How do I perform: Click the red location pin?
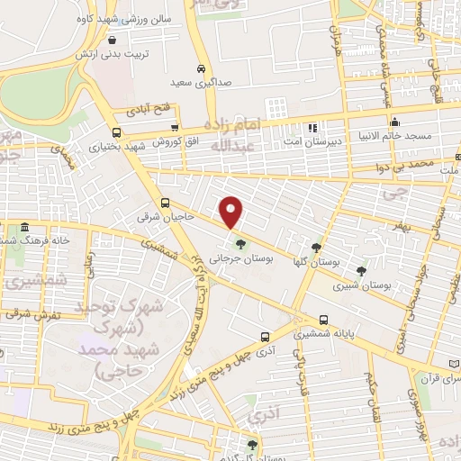(232, 212)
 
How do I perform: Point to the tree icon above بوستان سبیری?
(361, 269)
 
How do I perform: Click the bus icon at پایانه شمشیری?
(324, 319)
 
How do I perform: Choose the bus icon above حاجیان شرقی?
(165, 203)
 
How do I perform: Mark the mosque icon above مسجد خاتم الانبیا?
(393, 122)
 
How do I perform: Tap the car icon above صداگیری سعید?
(202, 68)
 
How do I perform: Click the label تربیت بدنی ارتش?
(112, 53)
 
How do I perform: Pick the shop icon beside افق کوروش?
(176, 129)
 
